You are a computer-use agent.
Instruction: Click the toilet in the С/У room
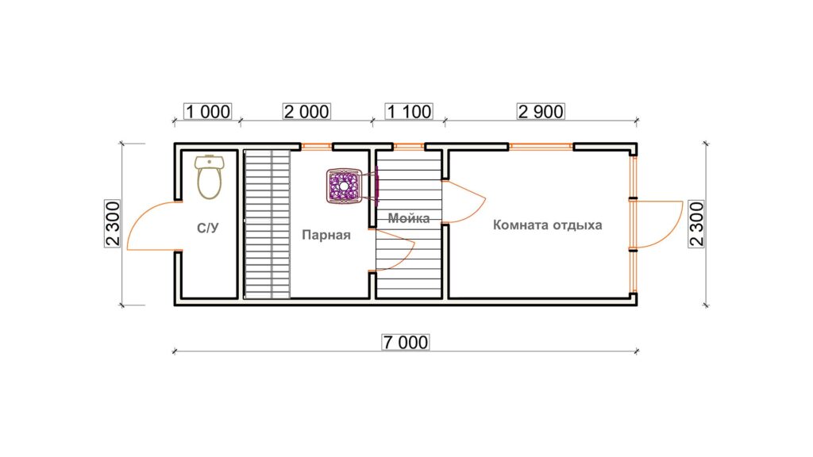pyautogui.click(x=210, y=177)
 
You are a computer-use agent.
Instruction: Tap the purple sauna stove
pyautogui.click(x=343, y=186)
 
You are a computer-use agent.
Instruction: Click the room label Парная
pyautogui.click(x=326, y=235)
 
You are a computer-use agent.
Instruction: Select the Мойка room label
pyautogui.click(x=409, y=218)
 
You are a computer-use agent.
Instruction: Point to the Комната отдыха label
pyautogui.click(x=548, y=225)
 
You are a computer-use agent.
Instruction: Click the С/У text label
pyautogui.click(x=208, y=228)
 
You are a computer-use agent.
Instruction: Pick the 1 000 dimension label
pyautogui.click(x=208, y=111)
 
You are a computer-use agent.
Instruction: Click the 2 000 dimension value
pyautogui.click(x=306, y=111)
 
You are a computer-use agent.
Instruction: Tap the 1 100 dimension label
pyautogui.click(x=409, y=111)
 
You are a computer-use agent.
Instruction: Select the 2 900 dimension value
pyautogui.click(x=541, y=111)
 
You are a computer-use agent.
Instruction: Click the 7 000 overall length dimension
pyautogui.click(x=406, y=342)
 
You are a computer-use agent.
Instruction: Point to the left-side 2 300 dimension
pyautogui.click(x=113, y=223)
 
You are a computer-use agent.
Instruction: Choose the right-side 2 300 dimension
pyautogui.click(x=697, y=224)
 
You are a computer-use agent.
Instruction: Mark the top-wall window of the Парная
pyautogui.click(x=317, y=146)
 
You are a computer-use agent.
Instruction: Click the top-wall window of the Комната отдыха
pyautogui.click(x=541, y=146)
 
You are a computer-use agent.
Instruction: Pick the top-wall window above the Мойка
pyautogui.click(x=409, y=146)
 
